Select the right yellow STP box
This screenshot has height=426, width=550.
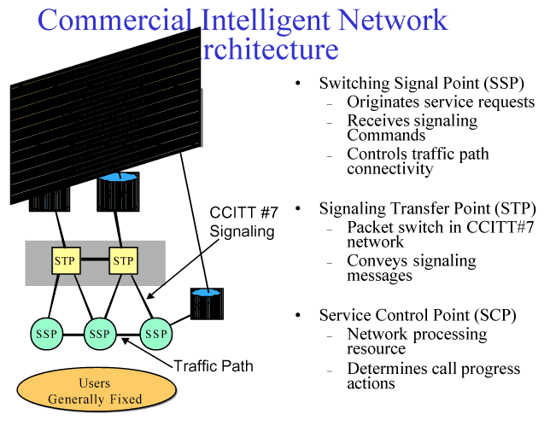[124, 260]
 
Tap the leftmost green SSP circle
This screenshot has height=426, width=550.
[44, 333]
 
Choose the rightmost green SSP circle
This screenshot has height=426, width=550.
[156, 333]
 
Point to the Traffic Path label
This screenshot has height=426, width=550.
[214, 366]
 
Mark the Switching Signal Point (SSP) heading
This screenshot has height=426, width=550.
[421, 84]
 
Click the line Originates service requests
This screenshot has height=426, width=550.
[440, 102]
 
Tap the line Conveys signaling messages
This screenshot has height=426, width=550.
[411, 268]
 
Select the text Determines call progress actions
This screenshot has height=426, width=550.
[433, 376]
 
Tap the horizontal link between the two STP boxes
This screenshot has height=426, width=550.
[95, 260]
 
